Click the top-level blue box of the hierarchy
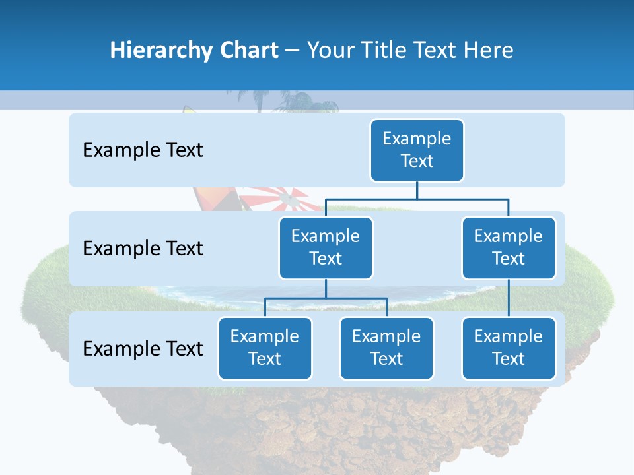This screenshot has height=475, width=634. [x=417, y=150]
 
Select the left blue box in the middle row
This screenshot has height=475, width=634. [x=326, y=247]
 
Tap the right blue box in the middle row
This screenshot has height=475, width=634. [x=509, y=247]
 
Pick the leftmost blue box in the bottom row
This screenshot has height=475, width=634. [x=265, y=348]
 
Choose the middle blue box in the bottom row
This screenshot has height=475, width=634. [x=386, y=348]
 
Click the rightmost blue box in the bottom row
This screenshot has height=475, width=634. [x=509, y=348]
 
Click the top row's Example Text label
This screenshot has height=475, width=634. [x=143, y=150]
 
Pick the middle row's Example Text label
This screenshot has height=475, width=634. [x=143, y=248]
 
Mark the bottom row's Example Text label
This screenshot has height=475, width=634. [x=143, y=348]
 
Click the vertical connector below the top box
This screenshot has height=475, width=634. [x=417, y=190]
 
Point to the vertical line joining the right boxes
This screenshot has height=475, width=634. [x=509, y=298]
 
